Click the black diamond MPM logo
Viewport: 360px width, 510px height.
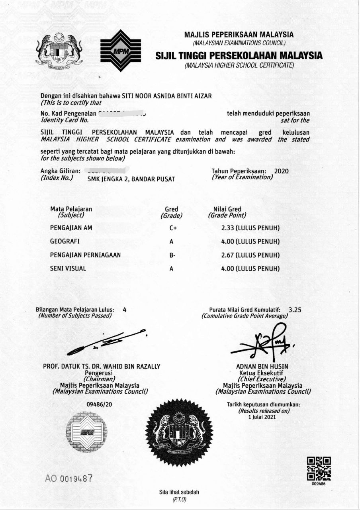coord(120,50)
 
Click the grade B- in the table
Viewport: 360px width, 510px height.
coord(172,255)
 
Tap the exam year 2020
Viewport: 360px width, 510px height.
coord(281,171)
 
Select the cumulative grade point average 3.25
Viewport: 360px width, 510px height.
coord(295,310)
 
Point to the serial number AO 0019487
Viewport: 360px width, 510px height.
coord(69,477)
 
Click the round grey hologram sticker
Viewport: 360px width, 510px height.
coord(86,433)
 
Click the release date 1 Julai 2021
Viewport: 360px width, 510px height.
coord(262,417)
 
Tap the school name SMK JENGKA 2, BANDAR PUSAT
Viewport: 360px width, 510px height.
coord(131,179)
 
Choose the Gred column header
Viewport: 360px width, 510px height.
coord(171,209)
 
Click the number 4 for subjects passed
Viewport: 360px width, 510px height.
coord(125,310)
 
